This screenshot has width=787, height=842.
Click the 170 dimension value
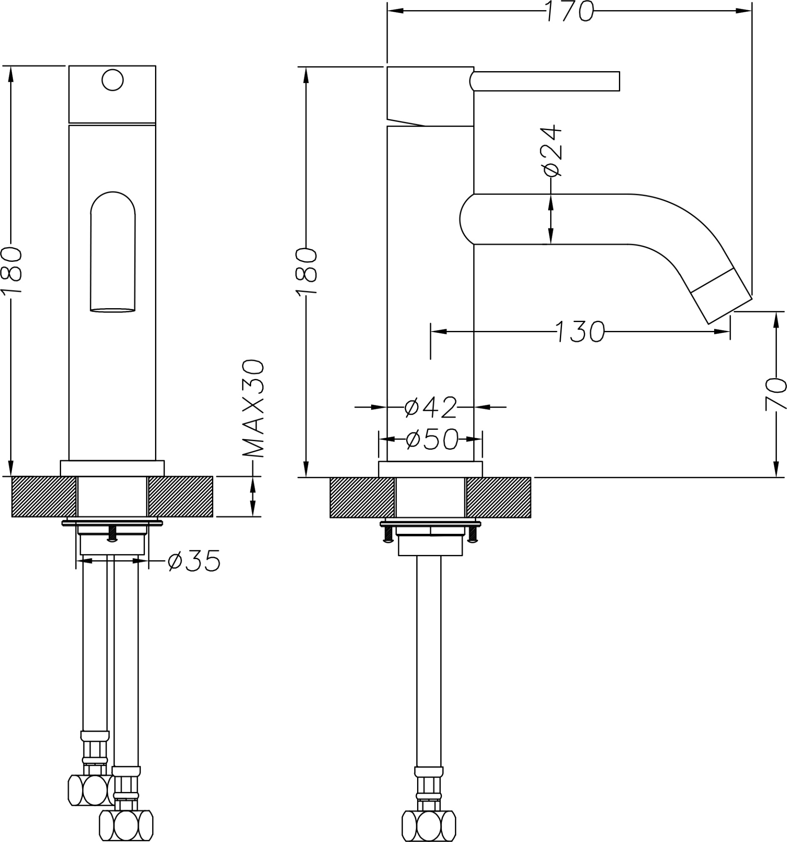click(x=569, y=11)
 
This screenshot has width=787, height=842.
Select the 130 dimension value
click(x=579, y=331)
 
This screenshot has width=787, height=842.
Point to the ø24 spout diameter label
click(x=552, y=150)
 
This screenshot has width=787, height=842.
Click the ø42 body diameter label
click(x=430, y=407)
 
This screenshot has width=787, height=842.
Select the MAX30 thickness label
click(x=254, y=408)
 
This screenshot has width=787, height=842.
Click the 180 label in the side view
click(x=306, y=271)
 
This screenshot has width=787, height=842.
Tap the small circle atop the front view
click(x=112, y=79)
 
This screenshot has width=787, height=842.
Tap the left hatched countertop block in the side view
click(x=361, y=497)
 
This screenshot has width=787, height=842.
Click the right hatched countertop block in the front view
click(x=181, y=496)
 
